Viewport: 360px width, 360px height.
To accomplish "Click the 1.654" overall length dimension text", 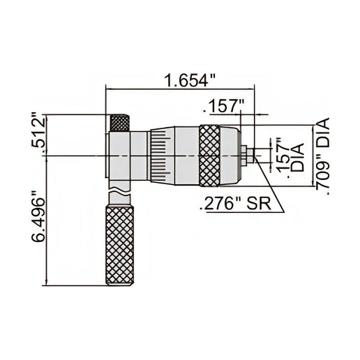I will pos(186,80).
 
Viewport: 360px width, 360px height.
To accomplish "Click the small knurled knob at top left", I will pos(119,123).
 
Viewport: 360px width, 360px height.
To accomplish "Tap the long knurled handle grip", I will pos(119,244).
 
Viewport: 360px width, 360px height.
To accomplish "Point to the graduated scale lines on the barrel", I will pos(159,156).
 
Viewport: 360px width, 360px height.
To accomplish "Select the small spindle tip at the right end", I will pos(249,155).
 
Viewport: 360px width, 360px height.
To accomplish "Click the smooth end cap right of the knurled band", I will pos(229,155).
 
